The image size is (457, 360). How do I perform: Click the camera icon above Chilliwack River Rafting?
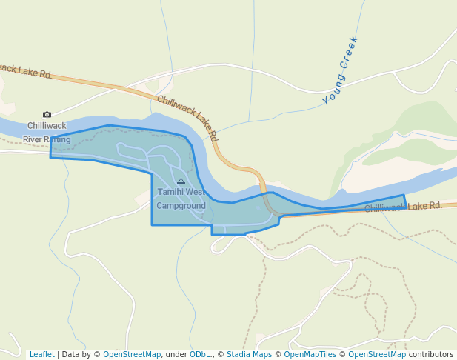click(47, 114)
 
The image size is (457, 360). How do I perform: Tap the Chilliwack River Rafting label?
click(47, 133)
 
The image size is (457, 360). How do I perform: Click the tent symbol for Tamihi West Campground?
click(181, 181)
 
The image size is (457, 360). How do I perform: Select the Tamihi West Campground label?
click(181, 199)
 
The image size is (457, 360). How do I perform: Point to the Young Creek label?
click(341, 70)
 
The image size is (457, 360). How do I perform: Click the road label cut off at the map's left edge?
click(25, 71)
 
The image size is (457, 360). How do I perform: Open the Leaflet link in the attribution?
click(41, 354)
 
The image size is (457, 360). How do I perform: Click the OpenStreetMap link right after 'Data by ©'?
click(132, 354)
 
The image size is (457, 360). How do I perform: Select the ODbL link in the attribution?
click(200, 354)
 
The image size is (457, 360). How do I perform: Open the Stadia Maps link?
click(249, 354)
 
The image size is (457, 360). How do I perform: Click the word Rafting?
click(57, 139)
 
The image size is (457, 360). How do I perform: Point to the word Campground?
click(181, 205)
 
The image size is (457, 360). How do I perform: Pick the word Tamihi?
click(170, 192)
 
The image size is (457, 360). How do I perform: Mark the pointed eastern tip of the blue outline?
click(404, 196)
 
